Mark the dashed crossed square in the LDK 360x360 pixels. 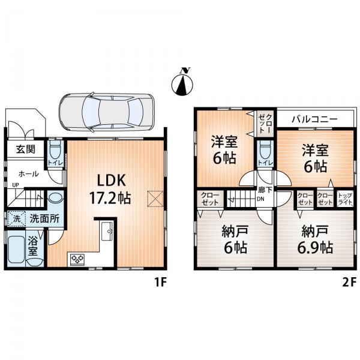coord(155,199)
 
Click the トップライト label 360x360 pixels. coord(344,198)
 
